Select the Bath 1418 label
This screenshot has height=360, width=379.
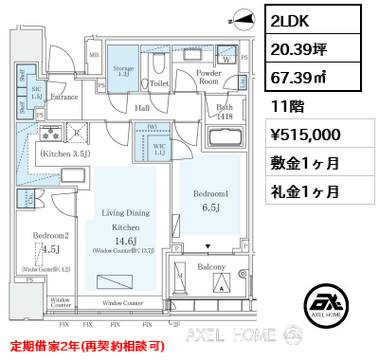tap(225, 113)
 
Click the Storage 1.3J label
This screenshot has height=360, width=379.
tap(123, 69)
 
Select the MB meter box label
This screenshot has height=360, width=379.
tap(93, 55)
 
